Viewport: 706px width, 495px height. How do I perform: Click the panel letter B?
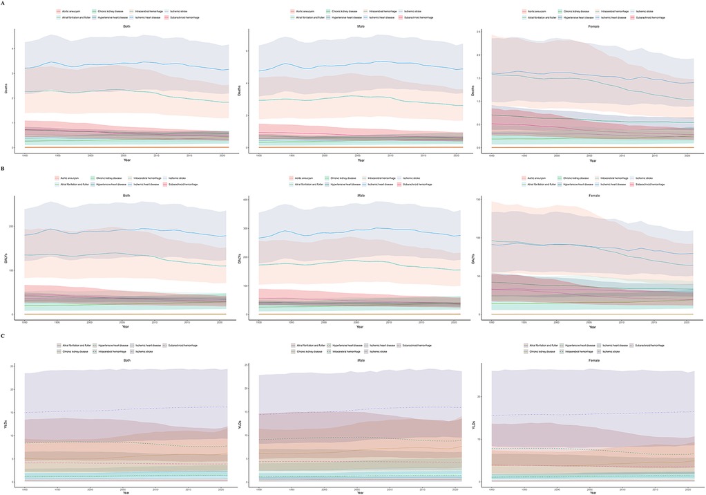[x=4, y=168]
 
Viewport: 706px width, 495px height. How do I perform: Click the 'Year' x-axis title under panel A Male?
[x=360, y=160]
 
